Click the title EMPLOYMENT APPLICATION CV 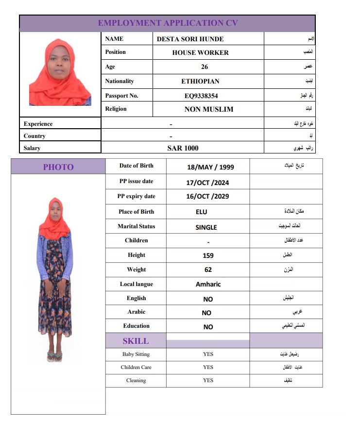[x=168, y=23]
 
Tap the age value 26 [x=204, y=67]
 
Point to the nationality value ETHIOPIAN [x=200, y=82]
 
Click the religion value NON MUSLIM [x=208, y=109]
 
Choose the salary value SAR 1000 [x=183, y=148]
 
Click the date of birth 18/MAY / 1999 [x=210, y=167]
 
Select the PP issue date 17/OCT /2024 [x=207, y=183]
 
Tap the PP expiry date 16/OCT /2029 [x=207, y=197]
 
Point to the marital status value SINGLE [x=206, y=227]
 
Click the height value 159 [x=208, y=255]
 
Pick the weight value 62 [x=208, y=270]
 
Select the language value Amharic [x=208, y=284]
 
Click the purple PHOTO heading [x=58, y=167]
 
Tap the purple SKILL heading [x=136, y=341]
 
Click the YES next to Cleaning [x=208, y=380]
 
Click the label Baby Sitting [x=136, y=354]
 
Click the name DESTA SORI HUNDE [x=190, y=39]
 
